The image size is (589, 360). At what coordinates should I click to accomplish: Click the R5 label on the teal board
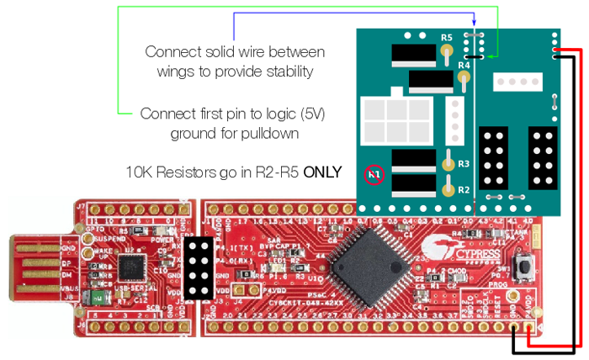[447, 38]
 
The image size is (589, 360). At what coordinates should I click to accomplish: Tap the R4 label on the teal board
[463, 65]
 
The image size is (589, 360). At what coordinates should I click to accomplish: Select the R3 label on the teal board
[463, 163]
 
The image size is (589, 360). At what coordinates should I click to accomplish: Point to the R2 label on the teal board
[463, 190]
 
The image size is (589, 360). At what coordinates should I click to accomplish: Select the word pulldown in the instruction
[269, 133]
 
